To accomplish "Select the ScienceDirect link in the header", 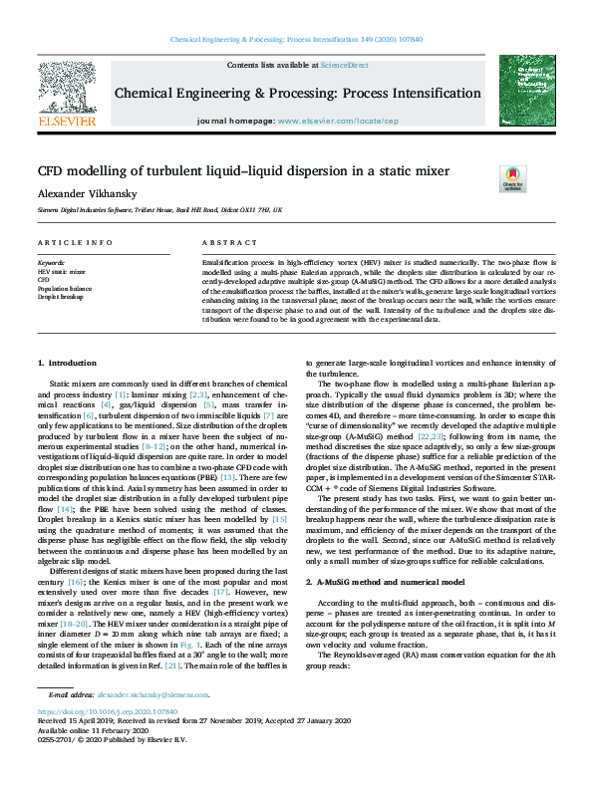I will [344, 64].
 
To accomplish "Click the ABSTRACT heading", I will [222, 243].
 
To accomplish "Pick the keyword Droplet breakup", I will [62, 295].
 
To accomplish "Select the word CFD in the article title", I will [53, 171].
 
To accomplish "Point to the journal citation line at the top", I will [296, 39].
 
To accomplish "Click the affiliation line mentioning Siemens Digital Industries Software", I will [159, 211].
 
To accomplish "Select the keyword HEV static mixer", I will [62, 270].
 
